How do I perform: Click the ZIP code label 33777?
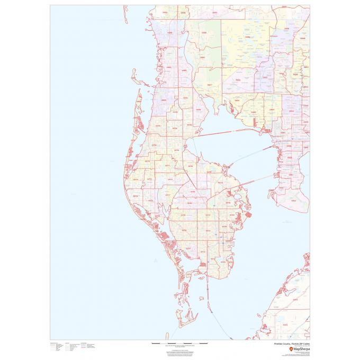coord(168,195)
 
